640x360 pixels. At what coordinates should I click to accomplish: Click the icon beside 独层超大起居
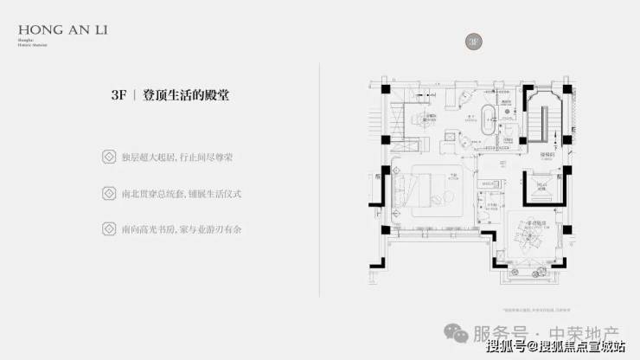(109, 157)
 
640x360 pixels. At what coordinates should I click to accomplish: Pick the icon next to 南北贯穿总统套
(109, 193)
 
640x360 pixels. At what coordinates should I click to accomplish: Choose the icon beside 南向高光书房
(109, 228)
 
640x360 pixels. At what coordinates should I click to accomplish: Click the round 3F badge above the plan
(473, 41)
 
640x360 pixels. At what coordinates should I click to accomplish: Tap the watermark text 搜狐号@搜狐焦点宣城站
(554, 347)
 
